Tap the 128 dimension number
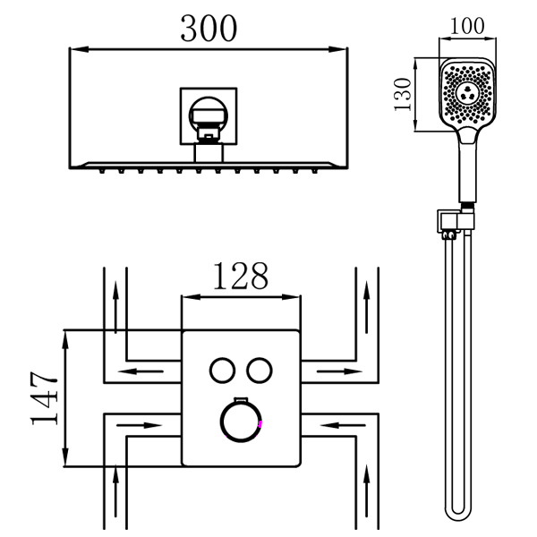coord(239,277)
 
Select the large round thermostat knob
coord(241,423)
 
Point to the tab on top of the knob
coord(241,398)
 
